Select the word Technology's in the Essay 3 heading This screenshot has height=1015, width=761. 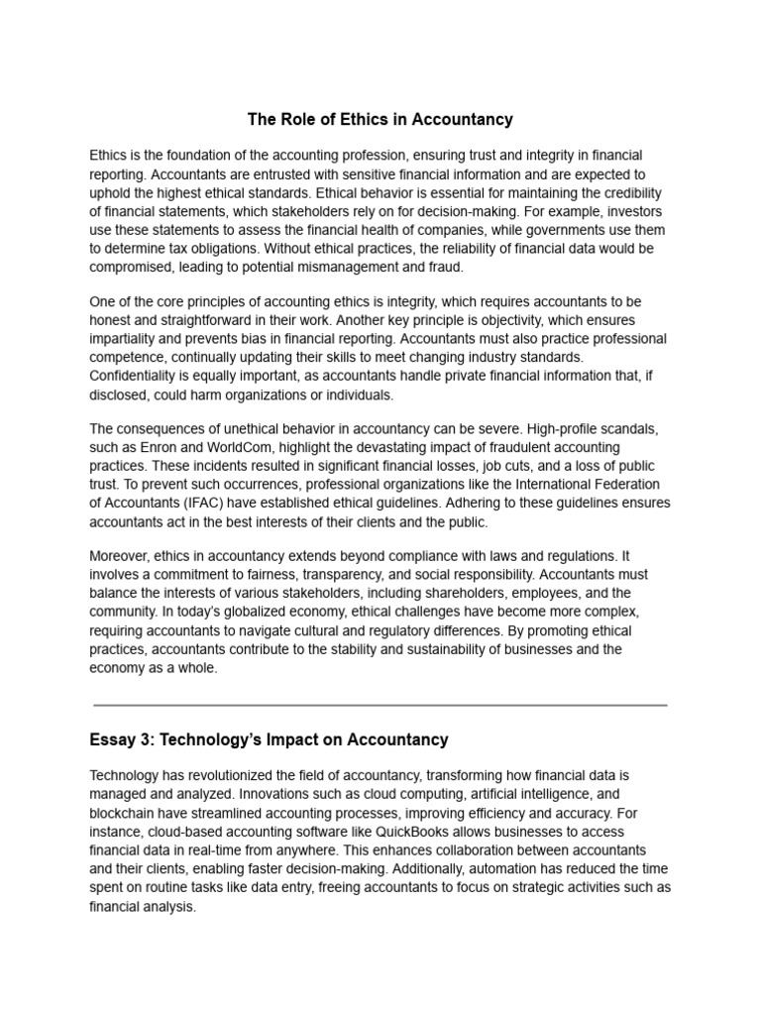coord(204,739)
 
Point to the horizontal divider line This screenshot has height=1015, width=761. coord(380,706)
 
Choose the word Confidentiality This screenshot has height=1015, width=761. coord(143,377)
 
